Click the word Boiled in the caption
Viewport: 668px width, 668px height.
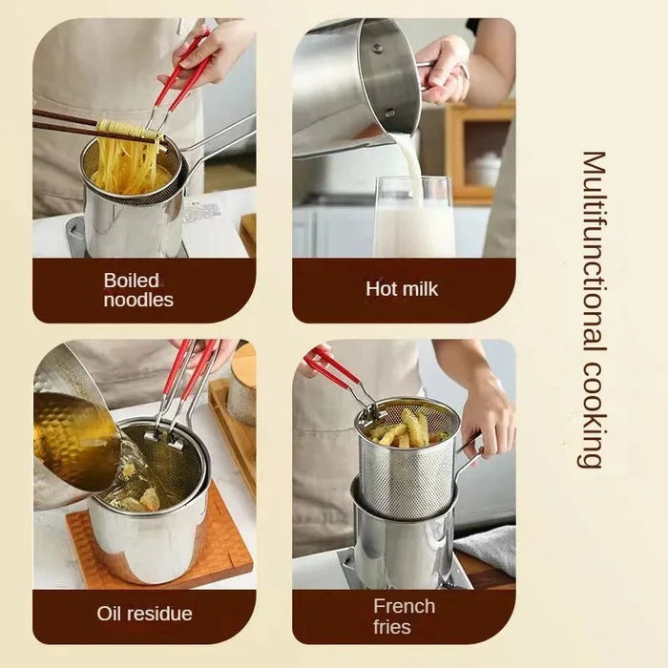[132, 280]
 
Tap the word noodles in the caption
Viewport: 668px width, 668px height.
[138, 300]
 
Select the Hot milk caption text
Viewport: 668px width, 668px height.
[402, 287]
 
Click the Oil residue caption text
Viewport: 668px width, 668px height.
[144, 614]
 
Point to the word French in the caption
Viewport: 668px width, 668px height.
[405, 606]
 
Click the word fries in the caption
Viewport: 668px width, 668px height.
[392, 627]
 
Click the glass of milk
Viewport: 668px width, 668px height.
[413, 224]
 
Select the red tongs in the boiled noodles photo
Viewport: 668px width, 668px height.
[181, 76]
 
